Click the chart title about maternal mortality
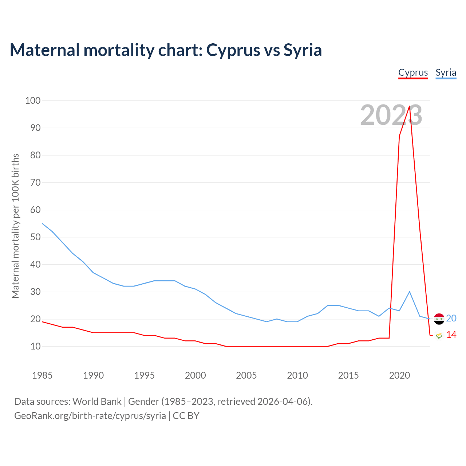[166, 50]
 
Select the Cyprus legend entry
[413, 72]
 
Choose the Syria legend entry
[446, 72]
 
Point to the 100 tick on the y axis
[33, 100]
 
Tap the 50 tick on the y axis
[35, 237]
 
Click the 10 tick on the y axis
[35, 346]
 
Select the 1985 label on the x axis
[42, 375]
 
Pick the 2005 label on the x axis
[246, 375]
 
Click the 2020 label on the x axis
[399, 375]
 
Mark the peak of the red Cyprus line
[410, 106]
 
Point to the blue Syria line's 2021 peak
[410, 292]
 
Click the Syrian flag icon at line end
[439, 319]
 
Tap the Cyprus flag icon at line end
[439, 335]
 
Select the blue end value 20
[451, 319]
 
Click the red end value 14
[451, 335]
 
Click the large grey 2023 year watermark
[391, 115]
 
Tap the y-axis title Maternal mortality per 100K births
[15, 226]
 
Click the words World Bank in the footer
[97, 402]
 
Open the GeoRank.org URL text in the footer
[90, 416]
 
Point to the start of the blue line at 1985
[42, 224]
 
